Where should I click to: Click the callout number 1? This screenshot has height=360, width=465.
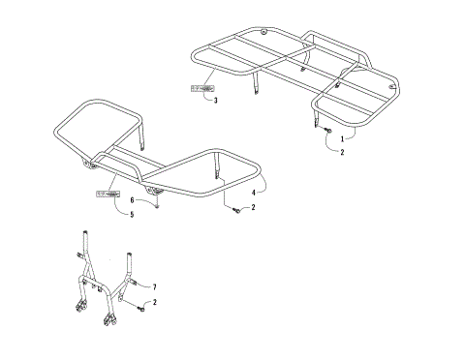tap(342, 138)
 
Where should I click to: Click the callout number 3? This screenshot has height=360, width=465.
tap(215, 100)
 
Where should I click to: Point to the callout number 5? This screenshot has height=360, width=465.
tap(132, 214)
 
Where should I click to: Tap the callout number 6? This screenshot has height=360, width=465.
tap(132, 200)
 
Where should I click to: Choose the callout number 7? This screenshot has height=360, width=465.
tap(153, 286)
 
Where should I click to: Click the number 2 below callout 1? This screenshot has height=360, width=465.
tap(342, 152)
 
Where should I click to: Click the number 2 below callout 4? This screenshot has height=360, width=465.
tap(253, 207)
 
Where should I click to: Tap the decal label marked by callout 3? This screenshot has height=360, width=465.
tap(202, 88)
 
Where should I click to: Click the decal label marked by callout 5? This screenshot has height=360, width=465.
tap(105, 195)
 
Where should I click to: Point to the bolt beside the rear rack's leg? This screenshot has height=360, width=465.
tap(326, 130)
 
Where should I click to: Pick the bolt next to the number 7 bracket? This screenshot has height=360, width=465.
tap(141, 307)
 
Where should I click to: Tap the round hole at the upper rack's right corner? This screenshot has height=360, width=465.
tap(392, 88)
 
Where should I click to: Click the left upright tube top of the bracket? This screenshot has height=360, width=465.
tap(87, 235)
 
